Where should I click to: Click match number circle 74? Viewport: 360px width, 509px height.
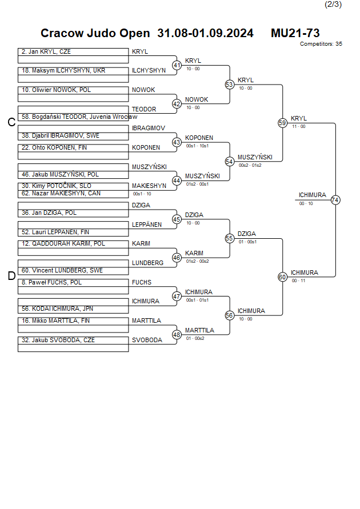pyautogui.click(x=335, y=200)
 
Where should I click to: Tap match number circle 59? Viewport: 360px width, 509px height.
pyautogui.click(x=282, y=123)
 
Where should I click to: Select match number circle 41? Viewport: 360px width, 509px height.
pyautogui.click(x=177, y=65)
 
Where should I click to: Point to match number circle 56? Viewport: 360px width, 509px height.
pyautogui.click(x=230, y=315)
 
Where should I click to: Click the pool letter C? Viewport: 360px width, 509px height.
pyautogui.click(x=11, y=122)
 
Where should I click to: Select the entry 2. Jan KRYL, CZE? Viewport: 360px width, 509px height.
pyautogui.click(x=46, y=51)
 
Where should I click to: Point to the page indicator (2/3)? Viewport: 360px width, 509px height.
pyautogui.click(x=333, y=5)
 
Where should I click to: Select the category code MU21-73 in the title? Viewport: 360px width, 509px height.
pyautogui.click(x=295, y=33)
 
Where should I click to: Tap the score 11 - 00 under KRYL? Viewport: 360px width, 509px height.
pyautogui.click(x=298, y=126)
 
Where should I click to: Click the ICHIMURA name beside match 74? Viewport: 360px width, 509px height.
pyautogui.click(x=312, y=195)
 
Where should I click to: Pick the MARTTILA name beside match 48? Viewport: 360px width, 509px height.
pyautogui.click(x=199, y=330)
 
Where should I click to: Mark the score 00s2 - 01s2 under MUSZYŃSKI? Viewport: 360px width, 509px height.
pyautogui.click(x=250, y=165)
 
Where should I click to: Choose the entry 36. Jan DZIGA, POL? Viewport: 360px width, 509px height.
pyautogui.click(x=49, y=213)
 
